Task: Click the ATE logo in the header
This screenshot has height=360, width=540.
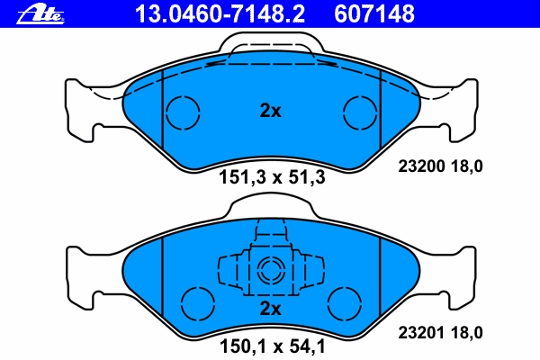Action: pyautogui.click(x=40, y=14)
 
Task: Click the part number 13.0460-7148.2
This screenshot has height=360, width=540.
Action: pyautogui.click(x=220, y=13)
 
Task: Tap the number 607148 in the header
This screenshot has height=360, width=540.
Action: pyautogui.click(x=374, y=13)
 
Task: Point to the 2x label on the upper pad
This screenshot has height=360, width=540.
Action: pyautogui.click(x=270, y=111)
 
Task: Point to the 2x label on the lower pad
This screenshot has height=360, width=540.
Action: pyautogui.click(x=270, y=309)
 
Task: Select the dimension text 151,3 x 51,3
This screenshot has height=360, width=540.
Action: pyautogui.click(x=272, y=178)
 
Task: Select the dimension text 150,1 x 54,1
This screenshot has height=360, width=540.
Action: pyautogui.click(x=272, y=346)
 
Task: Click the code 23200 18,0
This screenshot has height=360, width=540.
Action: pyautogui.click(x=440, y=166)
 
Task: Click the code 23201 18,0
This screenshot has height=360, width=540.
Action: pyautogui.click(x=440, y=333)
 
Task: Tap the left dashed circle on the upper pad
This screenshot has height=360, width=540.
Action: pyautogui.click(x=166, y=112)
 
